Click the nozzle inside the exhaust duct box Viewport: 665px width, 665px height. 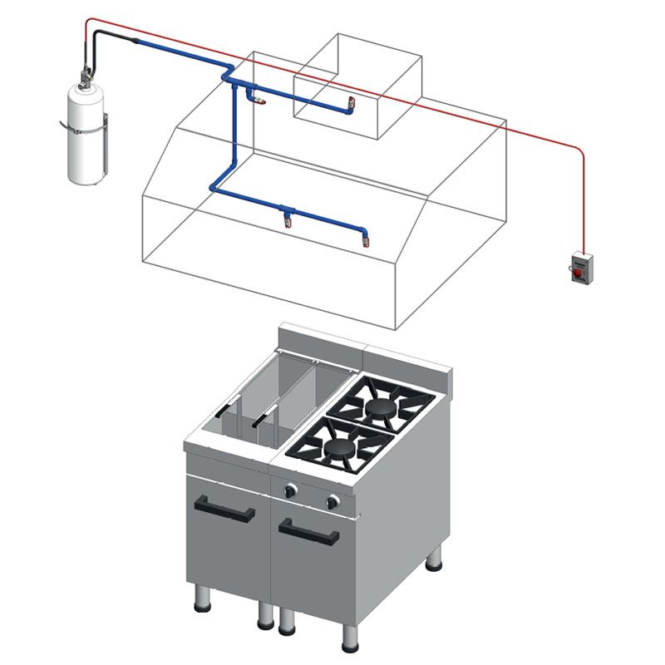point(351,105)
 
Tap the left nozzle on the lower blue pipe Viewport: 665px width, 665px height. point(288,219)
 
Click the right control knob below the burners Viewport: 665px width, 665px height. point(333,501)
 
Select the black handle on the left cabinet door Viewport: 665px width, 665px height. point(224,509)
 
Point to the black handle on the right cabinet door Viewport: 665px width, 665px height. point(308,531)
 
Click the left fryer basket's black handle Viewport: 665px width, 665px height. point(225,409)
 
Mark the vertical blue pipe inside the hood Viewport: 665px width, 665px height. point(232,133)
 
